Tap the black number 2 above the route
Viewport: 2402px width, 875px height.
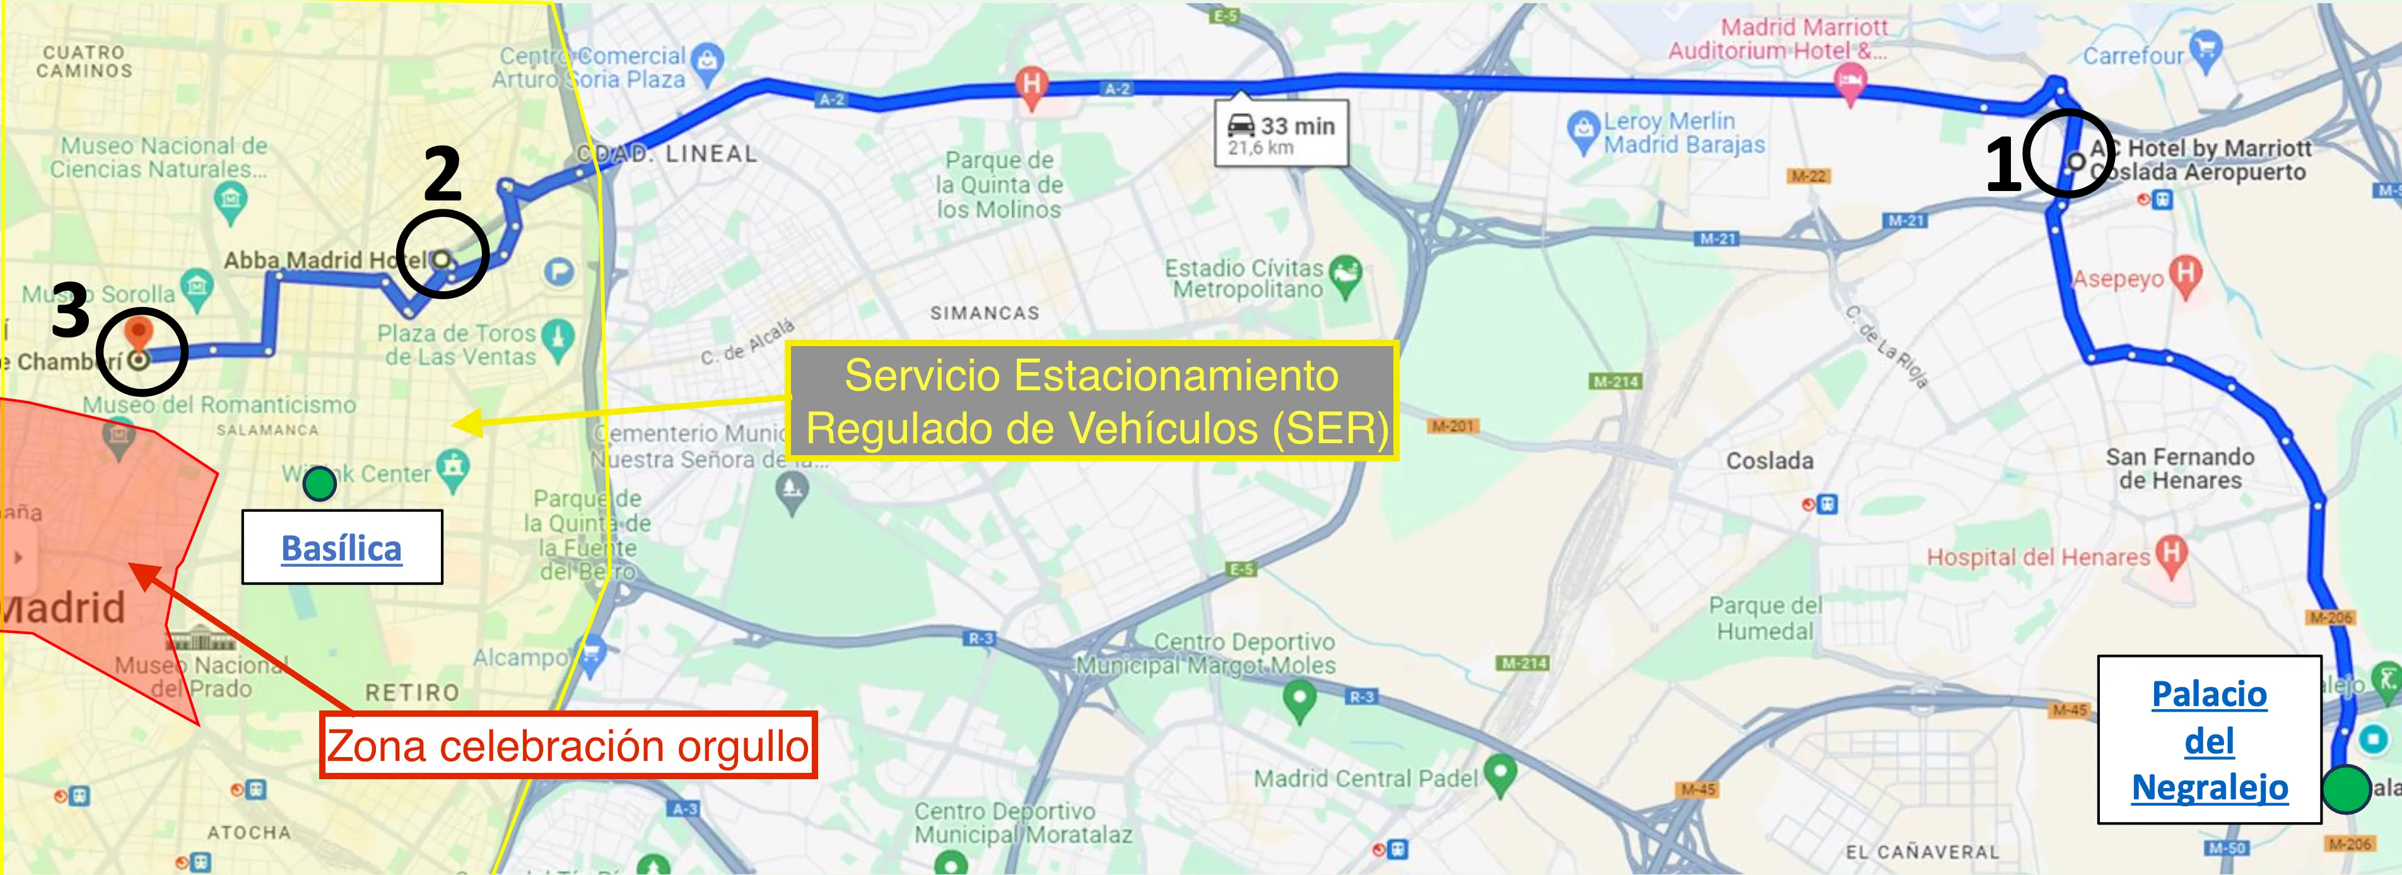pos(442,174)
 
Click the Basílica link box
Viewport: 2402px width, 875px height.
pos(341,547)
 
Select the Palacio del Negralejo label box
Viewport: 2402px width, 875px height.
pos(2208,740)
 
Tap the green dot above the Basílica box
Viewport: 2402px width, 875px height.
pos(320,484)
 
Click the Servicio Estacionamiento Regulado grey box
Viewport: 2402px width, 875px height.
pos(1092,402)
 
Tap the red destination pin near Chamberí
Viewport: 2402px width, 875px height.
pos(138,333)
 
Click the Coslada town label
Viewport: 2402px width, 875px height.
pos(1769,460)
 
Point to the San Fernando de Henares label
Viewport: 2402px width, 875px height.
pos(2179,469)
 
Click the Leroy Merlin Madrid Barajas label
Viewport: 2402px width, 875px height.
pos(1682,132)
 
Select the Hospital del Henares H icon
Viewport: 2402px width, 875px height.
pos(2172,553)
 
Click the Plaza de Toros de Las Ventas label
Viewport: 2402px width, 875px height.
pos(456,345)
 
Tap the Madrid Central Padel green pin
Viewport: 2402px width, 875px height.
pos(1499,774)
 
